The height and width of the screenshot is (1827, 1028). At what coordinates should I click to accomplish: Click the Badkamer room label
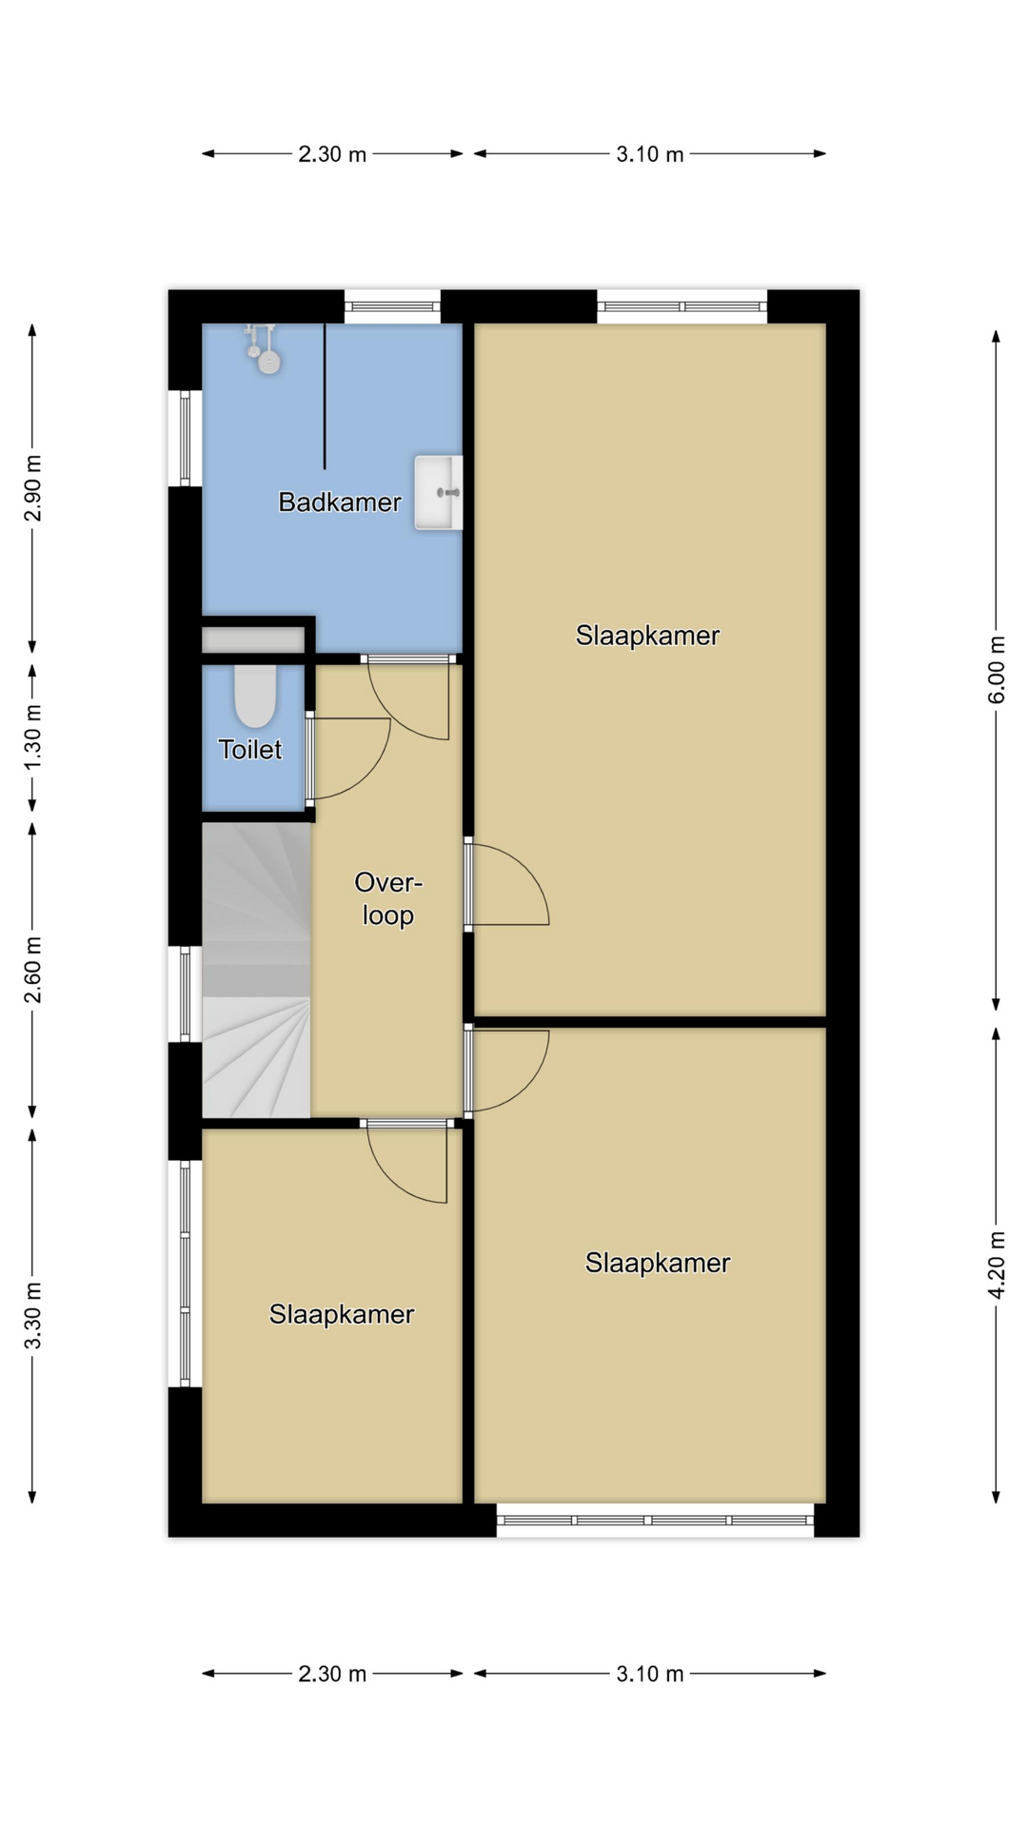pos(339,502)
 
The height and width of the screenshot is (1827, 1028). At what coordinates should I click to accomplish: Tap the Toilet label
pos(250,750)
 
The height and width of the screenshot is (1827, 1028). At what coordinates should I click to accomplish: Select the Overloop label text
pos(388,898)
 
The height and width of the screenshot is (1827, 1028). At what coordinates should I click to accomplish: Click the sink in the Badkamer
pos(438,492)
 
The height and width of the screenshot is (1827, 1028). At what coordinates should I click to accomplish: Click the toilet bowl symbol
pos(255,696)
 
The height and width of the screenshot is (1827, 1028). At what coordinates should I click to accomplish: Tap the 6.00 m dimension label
pos(997,670)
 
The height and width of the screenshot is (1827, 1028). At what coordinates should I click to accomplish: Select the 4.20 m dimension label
pos(997,1265)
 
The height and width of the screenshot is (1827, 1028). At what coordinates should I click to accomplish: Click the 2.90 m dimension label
pos(33,488)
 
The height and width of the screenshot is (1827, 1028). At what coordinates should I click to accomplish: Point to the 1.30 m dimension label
pos(33,737)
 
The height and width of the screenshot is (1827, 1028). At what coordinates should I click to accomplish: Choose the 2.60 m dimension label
pos(33,970)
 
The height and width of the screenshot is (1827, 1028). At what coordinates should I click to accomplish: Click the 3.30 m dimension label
pos(33,1316)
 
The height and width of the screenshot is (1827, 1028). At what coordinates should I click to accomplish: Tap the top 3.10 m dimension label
pos(650,154)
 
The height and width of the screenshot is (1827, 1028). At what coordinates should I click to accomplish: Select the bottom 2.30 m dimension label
pos(332,1674)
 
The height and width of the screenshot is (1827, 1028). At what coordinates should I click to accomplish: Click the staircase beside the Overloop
pos(256,970)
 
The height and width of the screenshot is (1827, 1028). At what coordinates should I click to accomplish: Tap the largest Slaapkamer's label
pos(647,636)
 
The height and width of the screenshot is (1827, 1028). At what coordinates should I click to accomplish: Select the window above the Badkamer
pos(392,306)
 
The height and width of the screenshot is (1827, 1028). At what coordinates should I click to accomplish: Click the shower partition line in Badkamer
pos(325,396)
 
